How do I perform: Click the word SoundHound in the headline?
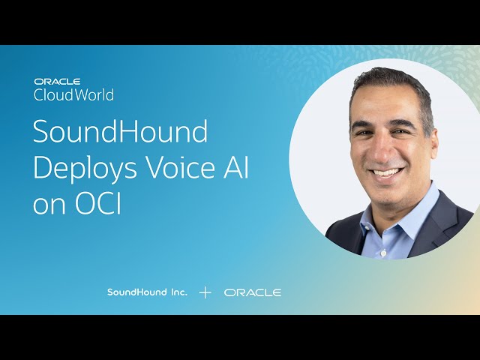[120, 133]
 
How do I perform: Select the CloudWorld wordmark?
[73, 94]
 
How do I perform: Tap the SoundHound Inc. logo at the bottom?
[147, 292]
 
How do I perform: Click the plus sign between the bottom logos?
[205, 292]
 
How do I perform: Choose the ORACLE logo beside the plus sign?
[253, 292]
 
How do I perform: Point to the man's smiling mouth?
[388, 173]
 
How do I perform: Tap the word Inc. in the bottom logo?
[178, 292]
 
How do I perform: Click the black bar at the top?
[240, 22]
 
